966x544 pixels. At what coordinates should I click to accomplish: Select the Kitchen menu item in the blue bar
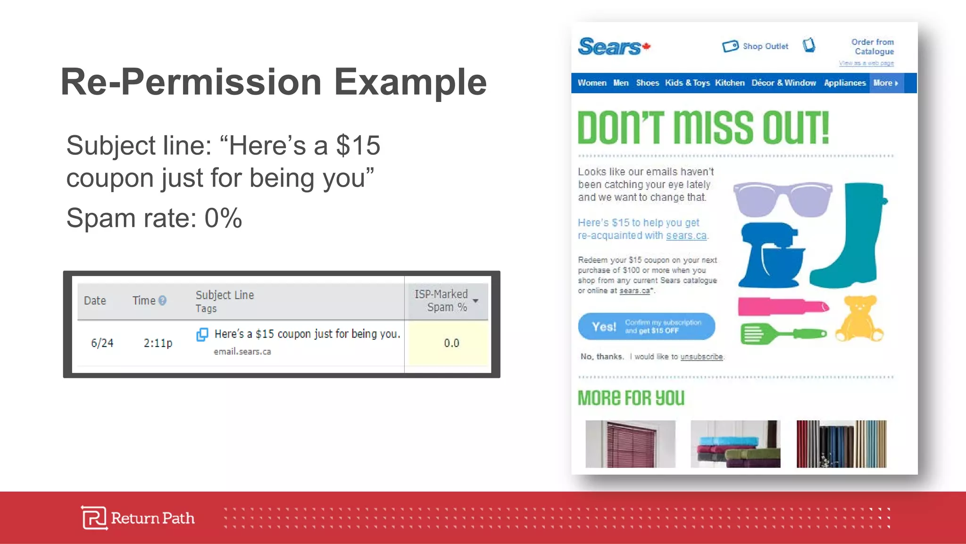coord(729,83)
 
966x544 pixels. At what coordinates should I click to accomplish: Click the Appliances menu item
coord(844,83)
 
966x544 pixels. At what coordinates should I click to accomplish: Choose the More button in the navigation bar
coord(885,83)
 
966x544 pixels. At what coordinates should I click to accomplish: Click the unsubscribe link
coord(701,357)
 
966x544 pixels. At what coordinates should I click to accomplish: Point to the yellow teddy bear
coord(859,319)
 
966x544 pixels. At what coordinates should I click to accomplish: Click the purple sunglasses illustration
coord(782,199)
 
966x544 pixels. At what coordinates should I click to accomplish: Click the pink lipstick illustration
coord(783,307)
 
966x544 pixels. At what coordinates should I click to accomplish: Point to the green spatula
coord(783,334)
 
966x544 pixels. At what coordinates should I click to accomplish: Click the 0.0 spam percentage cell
coord(451,343)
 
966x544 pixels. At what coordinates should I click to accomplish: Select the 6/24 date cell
coord(102,343)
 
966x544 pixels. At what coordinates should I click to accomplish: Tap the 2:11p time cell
coord(158,343)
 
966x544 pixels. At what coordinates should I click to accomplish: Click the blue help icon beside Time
coord(162,300)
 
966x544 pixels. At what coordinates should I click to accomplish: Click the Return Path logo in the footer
coord(138,518)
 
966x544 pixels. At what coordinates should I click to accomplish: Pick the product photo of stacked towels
coord(735,444)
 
